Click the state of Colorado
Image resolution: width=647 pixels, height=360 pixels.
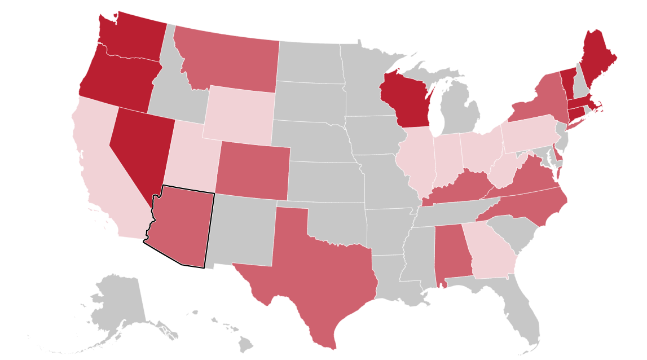[x=252, y=169]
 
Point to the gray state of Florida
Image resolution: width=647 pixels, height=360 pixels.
[x=522, y=310]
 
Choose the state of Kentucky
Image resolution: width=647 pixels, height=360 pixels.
[x=457, y=189]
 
